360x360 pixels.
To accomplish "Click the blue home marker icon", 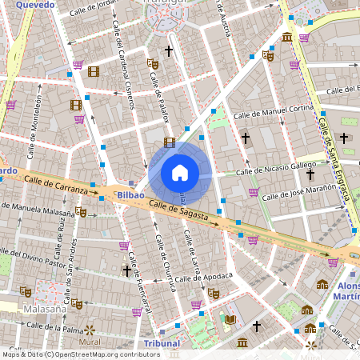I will [180, 173].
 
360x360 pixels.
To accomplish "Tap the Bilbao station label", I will [129, 194].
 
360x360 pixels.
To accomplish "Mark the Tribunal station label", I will [162, 343].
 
